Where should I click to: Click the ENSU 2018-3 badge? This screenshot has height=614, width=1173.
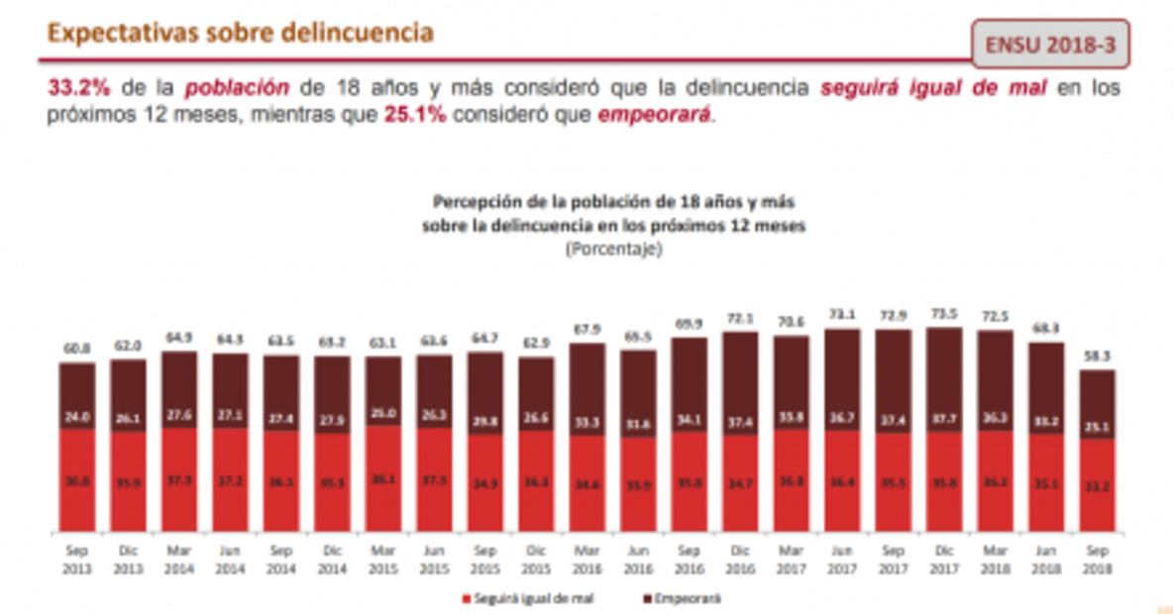tap(1050, 46)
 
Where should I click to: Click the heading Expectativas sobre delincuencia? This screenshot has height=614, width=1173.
tap(241, 33)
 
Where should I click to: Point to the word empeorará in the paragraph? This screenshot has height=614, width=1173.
tap(654, 115)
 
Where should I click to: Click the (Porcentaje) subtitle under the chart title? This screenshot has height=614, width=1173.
tap(614, 250)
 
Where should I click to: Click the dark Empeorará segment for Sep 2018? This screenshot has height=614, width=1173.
tap(1096, 404)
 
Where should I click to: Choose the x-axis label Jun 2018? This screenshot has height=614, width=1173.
tap(1044, 561)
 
